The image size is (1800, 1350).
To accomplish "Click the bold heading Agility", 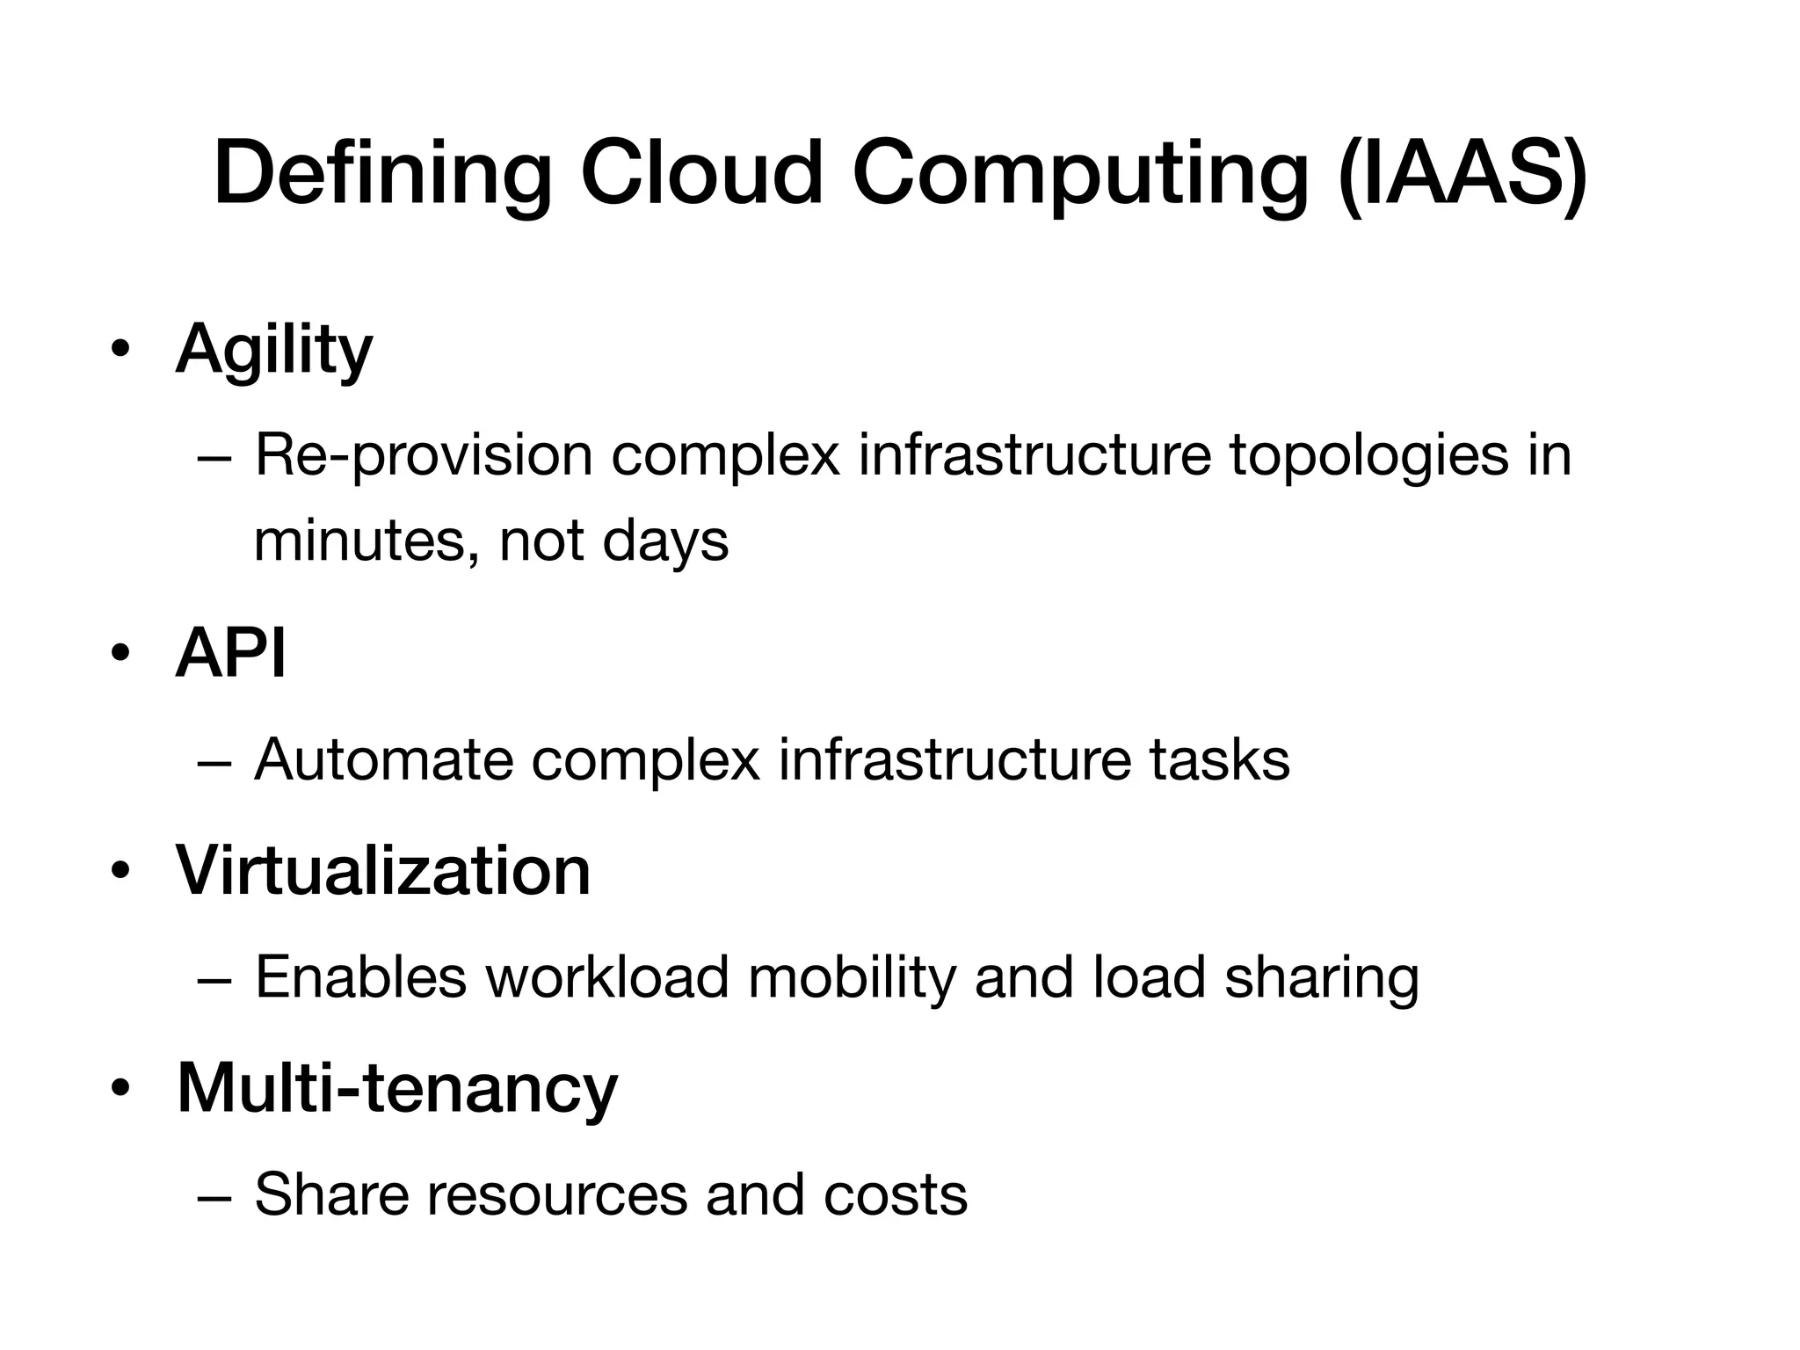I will click(x=274, y=350).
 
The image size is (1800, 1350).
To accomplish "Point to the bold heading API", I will click(x=231, y=654).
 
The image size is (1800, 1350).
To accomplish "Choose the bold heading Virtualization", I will click(x=383, y=871).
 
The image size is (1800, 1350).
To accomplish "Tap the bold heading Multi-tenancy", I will click(x=397, y=1088).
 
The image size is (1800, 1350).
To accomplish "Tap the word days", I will click(x=665, y=540).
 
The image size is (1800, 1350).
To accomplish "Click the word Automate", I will click(x=383, y=759).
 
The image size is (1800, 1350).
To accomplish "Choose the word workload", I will click(x=607, y=977).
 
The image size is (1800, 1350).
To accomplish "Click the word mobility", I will click(x=852, y=977).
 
